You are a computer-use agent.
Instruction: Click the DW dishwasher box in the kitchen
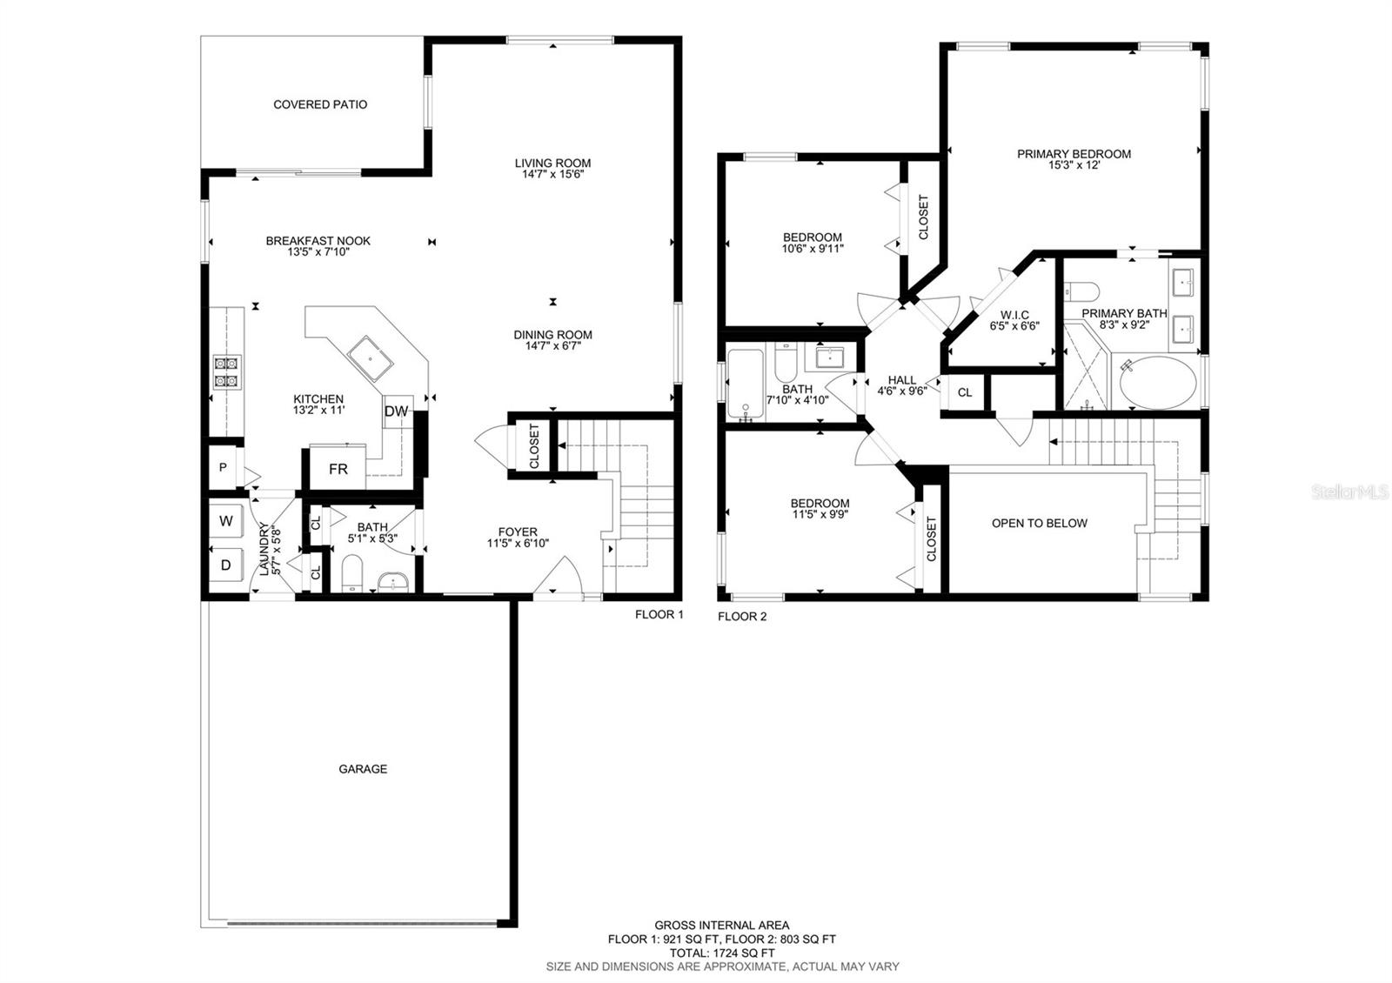pos(397,411)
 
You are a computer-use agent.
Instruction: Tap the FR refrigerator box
pos(338,469)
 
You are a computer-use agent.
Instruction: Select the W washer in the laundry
pos(225,521)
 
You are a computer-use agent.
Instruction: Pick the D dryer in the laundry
pos(225,565)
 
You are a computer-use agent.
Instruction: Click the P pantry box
pos(223,468)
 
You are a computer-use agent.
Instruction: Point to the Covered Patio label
pos(320,104)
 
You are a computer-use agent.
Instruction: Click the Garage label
pos(363,769)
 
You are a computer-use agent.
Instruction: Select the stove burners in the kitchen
pos(227,371)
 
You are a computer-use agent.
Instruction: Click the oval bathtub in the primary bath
pos(1157,383)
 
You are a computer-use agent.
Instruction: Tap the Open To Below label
pos(1040,523)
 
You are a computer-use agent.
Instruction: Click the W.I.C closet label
pos(1014,315)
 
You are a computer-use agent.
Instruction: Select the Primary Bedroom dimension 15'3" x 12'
pos(1074,165)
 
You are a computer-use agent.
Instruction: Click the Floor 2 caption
pos(742,617)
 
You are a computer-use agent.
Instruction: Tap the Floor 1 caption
pos(659,615)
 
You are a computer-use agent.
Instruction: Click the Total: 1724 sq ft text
pos(722,953)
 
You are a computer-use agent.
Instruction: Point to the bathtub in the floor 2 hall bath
pos(746,384)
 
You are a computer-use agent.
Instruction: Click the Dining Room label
pos(552,335)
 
